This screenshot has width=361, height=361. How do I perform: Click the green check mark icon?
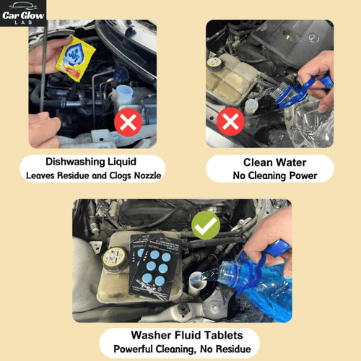[x=206, y=227]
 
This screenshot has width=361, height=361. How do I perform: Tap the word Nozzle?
[x=147, y=175]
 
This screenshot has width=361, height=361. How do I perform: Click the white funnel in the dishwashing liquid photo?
[x=123, y=94]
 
